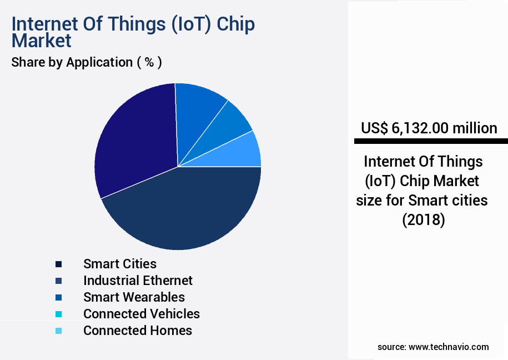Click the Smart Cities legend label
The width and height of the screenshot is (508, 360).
[x=120, y=264]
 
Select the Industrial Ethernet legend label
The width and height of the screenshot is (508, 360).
[x=138, y=281]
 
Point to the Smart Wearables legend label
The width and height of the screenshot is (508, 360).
[x=134, y=297]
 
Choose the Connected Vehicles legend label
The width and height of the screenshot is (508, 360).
[x=142, y=314]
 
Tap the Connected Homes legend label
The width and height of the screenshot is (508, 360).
[x=138, y=331]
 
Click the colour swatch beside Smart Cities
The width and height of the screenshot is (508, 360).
[x=59, y=264]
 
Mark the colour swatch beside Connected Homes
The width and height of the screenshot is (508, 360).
[x=59, y=331]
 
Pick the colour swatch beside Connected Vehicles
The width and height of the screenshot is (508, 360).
[x=59, y=314]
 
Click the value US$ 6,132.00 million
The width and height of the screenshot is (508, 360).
[x=429, y=128]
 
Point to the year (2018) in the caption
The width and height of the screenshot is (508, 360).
[x=424, y=219]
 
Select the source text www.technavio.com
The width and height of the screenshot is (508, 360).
[x=449, y=347]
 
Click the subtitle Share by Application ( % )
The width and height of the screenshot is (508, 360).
[x=87, y=62]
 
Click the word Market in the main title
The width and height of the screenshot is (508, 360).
[x=42, y=41]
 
